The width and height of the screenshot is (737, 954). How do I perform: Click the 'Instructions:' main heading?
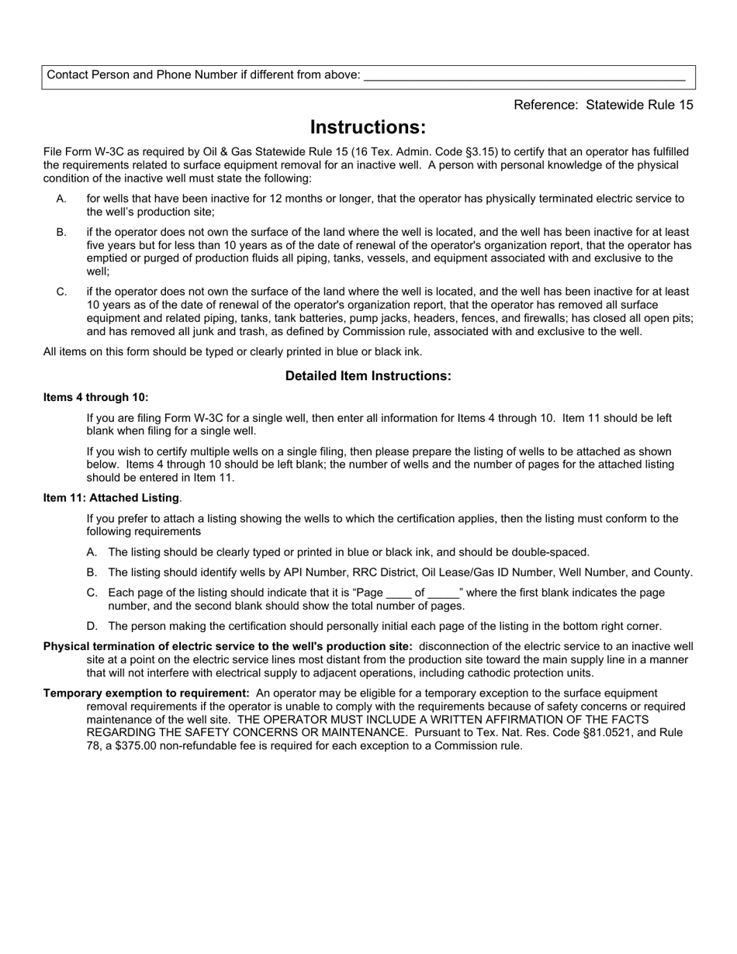(368, 127)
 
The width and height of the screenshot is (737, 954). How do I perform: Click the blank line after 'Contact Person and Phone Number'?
(524, 76)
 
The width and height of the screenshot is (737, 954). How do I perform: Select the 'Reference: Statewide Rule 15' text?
(603, 105)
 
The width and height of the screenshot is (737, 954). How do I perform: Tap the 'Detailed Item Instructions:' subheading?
(368, 376)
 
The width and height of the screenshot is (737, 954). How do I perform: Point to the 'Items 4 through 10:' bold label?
(96, 397)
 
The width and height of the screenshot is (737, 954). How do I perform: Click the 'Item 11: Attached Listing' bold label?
(112, 498)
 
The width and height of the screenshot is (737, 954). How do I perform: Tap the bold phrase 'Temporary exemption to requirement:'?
(147, 693)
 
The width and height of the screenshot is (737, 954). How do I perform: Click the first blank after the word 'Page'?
(397, 593)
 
